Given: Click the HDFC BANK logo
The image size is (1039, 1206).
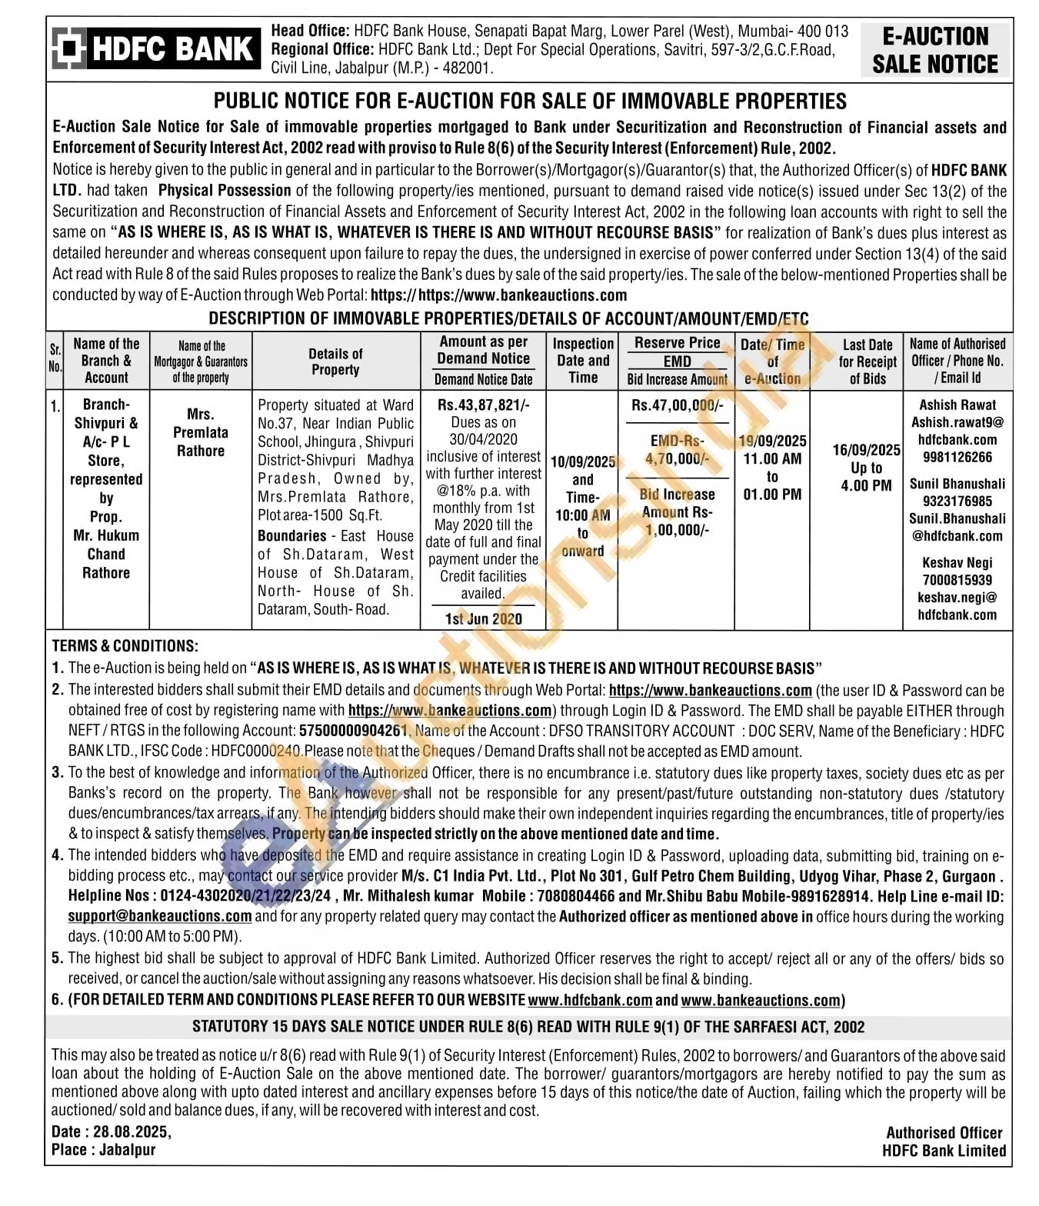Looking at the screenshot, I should tap(153, 49).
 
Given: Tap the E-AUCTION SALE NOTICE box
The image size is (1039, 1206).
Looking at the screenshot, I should tap(934, 50).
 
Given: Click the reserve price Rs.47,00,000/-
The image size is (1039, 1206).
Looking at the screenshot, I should tap(677, 405).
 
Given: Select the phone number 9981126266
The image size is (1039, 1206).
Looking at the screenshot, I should tap(957, 458).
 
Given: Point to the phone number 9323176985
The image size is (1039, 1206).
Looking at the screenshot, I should tap(957, 501).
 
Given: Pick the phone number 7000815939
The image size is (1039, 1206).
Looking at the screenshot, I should tap(957, 581).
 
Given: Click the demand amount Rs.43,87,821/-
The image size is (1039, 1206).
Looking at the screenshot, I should tap(483, 405).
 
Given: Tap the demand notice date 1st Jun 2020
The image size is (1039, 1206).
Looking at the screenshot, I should tap(483, 619).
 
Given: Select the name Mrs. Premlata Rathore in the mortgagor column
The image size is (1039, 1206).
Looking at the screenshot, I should tap(201, 432).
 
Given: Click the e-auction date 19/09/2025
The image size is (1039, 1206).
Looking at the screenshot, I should tap(772, 441).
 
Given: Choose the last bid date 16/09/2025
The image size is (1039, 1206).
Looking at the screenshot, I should tap(867, 450).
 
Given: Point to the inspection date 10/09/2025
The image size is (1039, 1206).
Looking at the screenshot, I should tap(583, 461).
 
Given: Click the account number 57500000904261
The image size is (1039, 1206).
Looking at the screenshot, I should tap(353, 731).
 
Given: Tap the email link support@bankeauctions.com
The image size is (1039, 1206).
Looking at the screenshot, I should tap(160, 916).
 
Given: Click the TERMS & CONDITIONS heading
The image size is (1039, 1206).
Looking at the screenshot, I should tap(125, 646).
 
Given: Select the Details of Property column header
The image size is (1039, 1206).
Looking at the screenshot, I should tap(335, 361).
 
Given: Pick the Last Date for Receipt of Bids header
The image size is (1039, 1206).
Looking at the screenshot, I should tap(867, 361).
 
